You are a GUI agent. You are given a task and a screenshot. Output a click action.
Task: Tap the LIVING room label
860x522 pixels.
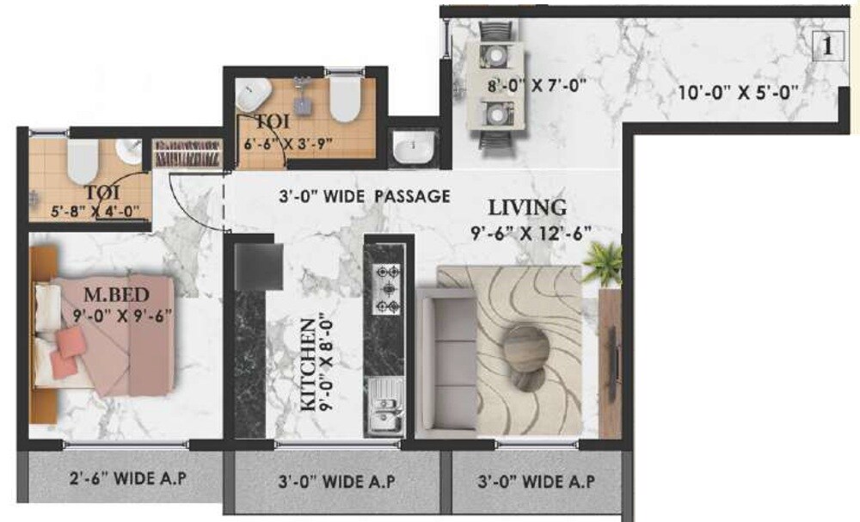point(527,207)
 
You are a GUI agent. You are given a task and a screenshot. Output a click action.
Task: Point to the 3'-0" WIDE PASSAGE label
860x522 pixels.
point(365,196)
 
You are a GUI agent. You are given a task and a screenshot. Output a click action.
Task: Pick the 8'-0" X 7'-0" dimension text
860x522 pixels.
point(523,86)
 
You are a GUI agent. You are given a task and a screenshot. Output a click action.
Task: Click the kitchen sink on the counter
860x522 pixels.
point(384,408)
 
